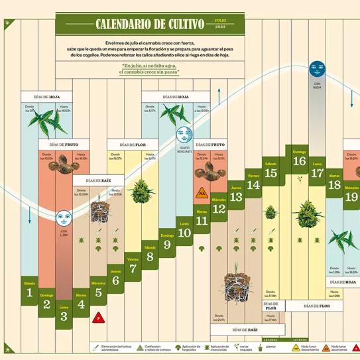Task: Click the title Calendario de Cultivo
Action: pyautogui.click(x=149, y=25)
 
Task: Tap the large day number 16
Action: pyautogui.click(x=299, y=161)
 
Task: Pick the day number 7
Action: pyautogui.click(x=133, y=269)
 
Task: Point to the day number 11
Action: pyautogui.click(x=202, y=221)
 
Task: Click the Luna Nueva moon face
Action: pyautogui.click(x=317, y=68)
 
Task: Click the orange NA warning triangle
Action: pyautogui.click(x=201, y=194)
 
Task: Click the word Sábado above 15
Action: pyautogui.click(x=270, y=163)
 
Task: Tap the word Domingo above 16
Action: pyautogui.click(x=299, y=152)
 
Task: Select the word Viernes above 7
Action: pyautogui.click(x=133, y=259)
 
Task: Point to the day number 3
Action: pyautogui.click(x=64, y=316)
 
